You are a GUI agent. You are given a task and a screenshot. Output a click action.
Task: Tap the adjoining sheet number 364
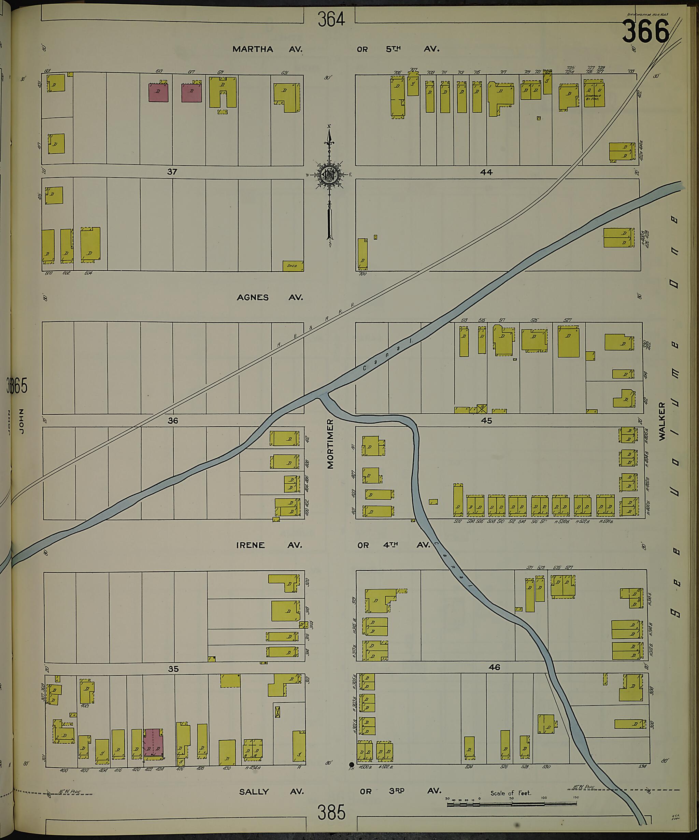[x=331, y=19]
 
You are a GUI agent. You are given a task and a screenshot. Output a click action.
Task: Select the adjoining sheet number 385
[x=331, y=812]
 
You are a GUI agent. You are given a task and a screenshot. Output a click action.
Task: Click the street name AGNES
[x=253, y=298]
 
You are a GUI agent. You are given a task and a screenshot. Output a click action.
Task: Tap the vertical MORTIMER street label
[x=330, y=444]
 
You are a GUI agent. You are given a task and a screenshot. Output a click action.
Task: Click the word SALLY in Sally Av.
[x=254, y=791]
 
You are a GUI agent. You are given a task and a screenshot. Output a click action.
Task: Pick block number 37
[x=172, y=172]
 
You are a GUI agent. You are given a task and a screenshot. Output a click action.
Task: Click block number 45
[x=486, y=421]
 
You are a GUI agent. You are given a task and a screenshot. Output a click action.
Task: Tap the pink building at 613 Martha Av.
[x=158, y=93]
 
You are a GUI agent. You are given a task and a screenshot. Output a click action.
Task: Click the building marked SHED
[x=293, y=266]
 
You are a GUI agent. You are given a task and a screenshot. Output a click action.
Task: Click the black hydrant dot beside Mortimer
[x=352, y=764]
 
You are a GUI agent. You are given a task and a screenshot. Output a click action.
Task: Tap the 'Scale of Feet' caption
[x=511, y=793]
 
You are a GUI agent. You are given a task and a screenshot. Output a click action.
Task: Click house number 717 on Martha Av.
[x=503, y=72]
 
